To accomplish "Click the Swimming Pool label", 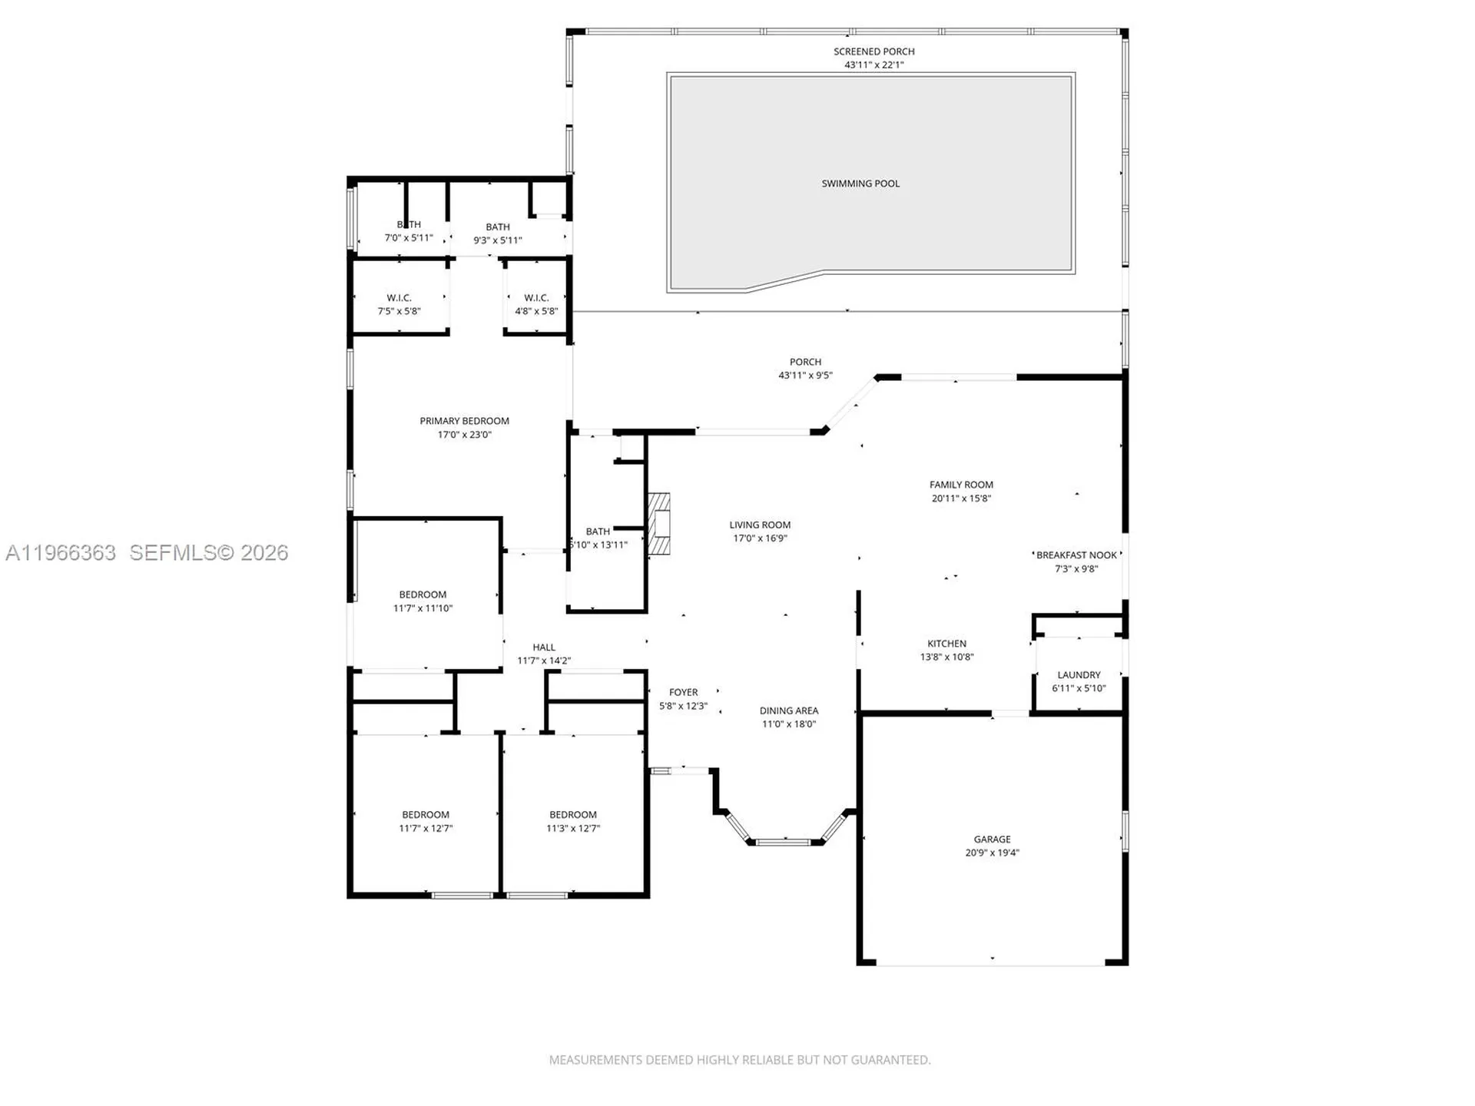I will [860, 184].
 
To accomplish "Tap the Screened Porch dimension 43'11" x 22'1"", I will [873, 65].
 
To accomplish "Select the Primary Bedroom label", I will [464, 421].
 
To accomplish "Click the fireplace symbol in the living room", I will [658, 524].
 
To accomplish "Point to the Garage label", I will [992, 839].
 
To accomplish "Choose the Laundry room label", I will [1079, 675].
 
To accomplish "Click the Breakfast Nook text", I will [1076, 555].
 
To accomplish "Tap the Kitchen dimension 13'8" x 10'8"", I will [946, 657].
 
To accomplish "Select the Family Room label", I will [961, 485].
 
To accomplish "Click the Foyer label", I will [683, 693].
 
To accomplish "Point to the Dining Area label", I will [789, 711].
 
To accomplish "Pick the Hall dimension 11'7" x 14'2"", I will [544, 661].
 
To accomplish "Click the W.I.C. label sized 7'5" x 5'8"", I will [399, 298].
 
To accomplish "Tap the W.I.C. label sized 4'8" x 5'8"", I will [536, 298].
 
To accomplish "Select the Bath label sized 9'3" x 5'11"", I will [497, 227].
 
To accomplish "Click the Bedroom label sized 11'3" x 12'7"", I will [573, 815].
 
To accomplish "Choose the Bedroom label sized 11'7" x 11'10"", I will [423, 594].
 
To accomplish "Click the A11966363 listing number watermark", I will [61, 553].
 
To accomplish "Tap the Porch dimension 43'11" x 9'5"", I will [805, 376].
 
